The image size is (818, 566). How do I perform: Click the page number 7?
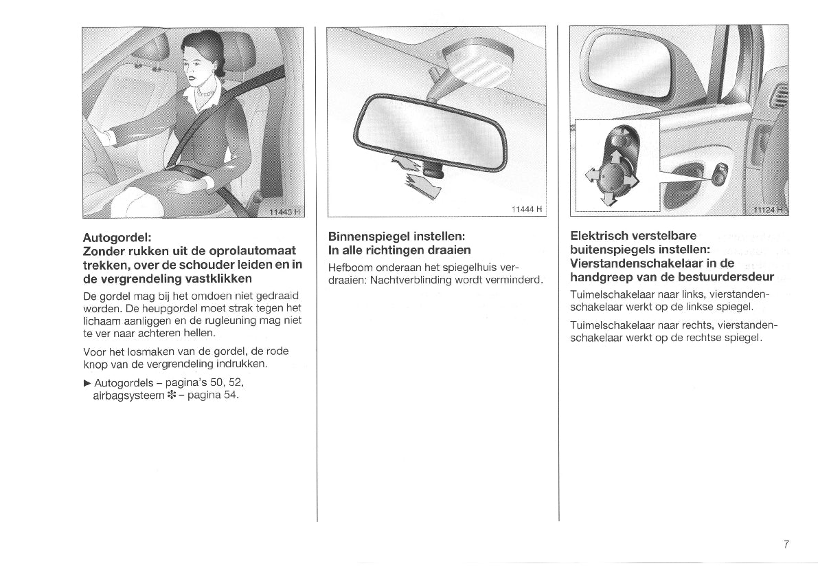[786, 544]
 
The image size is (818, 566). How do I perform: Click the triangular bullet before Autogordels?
[87, 382]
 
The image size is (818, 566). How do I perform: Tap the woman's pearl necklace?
[205, 92]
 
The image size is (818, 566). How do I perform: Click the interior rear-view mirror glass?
[429, 131]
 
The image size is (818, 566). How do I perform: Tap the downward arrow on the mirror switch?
[607, 198]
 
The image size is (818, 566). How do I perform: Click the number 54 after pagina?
[231, 395]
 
